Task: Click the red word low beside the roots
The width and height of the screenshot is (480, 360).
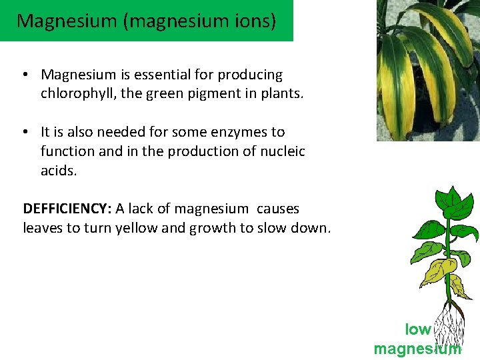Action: tap(418, 329)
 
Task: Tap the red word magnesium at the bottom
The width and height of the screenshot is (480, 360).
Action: tap(417, 349)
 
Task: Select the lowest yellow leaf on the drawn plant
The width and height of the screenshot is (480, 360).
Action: tap(457, 286)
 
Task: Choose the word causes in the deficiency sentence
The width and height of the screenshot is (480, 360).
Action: tap(278, 209)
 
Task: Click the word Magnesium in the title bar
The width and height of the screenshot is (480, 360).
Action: tap(57, 21)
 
